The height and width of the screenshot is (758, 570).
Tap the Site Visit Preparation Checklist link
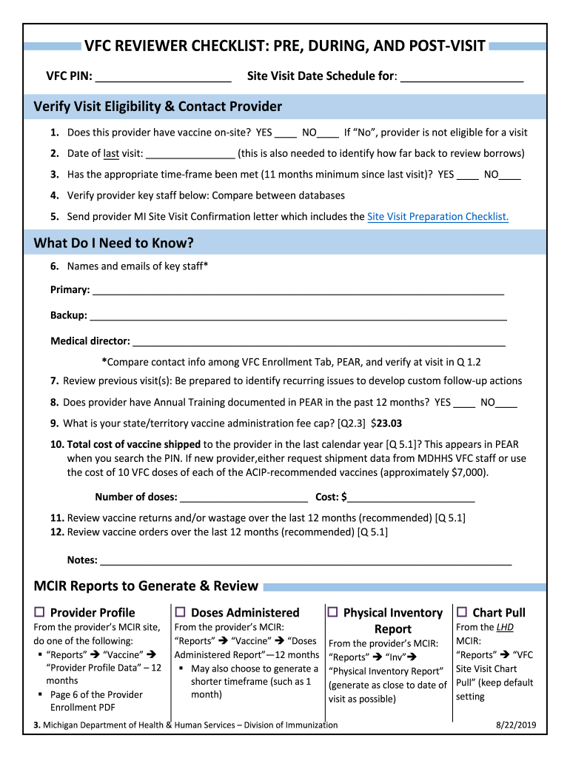(437, 217)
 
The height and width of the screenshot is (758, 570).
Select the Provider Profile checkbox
(40, 612)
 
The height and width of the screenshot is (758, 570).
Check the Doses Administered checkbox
(180, 612)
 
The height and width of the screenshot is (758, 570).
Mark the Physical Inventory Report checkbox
(333, 612)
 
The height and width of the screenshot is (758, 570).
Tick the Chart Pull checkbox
(462, 612)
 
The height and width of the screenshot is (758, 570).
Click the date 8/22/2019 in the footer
(516, 725)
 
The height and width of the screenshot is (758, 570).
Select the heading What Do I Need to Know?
(113, 244)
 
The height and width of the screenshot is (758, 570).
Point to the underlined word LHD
(505, 627)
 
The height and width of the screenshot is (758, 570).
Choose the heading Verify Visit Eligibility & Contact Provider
(158, 107)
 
